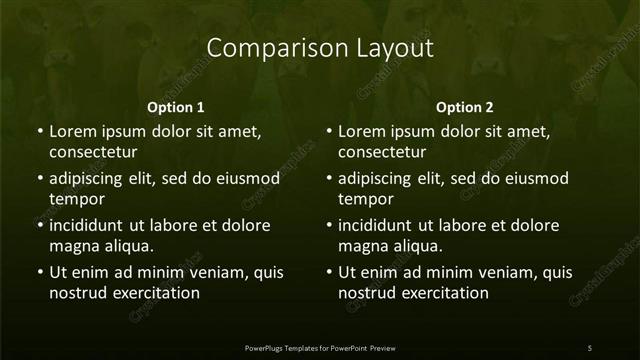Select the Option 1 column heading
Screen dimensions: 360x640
(x=176, y=107)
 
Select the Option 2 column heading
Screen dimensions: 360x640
(x=465, y=107)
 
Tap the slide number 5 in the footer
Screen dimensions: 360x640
(x=589, y=347)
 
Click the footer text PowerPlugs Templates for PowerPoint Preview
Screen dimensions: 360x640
(x=320, y=347)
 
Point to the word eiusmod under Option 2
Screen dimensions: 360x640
(x=537, y=179)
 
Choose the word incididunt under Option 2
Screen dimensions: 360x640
(x=380, y=225)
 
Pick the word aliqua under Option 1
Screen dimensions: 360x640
(x=128, y=246)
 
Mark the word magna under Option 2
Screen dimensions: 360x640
(x=360, y=246)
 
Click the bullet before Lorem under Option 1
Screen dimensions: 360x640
(x=38, y=131)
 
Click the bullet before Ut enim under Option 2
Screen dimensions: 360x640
(x=328, y=272)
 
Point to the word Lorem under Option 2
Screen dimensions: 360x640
(x=363, y=131)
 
